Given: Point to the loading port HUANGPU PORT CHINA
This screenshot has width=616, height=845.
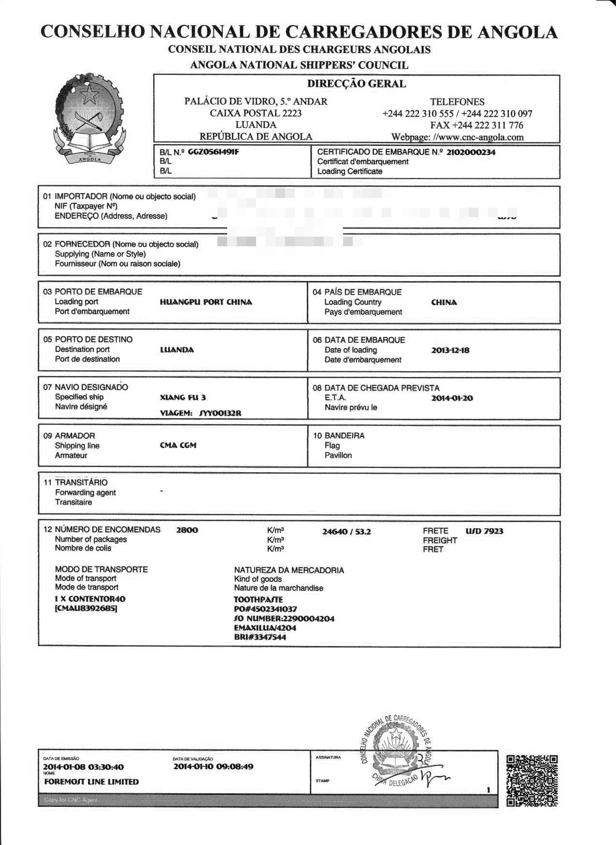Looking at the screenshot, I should pos(206,302).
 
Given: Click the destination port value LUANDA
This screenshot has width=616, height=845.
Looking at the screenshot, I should pos(177,350).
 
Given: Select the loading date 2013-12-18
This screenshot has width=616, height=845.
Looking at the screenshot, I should pos(450,351).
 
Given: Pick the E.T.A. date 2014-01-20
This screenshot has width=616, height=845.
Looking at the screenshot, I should pos(452,398).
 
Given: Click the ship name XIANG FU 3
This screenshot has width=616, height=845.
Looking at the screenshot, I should pos(183,397).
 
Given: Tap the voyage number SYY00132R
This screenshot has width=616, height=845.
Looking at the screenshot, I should pos(220,413).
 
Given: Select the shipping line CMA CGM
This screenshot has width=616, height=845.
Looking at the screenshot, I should pos(178,445).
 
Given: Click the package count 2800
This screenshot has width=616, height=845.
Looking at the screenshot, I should pos(187,530).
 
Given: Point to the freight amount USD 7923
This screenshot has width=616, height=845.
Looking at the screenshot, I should pos(484,531).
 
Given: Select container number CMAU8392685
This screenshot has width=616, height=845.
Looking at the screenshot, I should pos(86,608).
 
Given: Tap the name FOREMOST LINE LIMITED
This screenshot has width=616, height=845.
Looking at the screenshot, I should pos(91,782).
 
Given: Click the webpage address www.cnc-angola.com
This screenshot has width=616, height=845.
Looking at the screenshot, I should pos(478,137).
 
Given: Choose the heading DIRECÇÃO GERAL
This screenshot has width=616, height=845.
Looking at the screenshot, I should pos(357,84).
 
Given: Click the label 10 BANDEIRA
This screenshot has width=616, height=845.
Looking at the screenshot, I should pos(339,436).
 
